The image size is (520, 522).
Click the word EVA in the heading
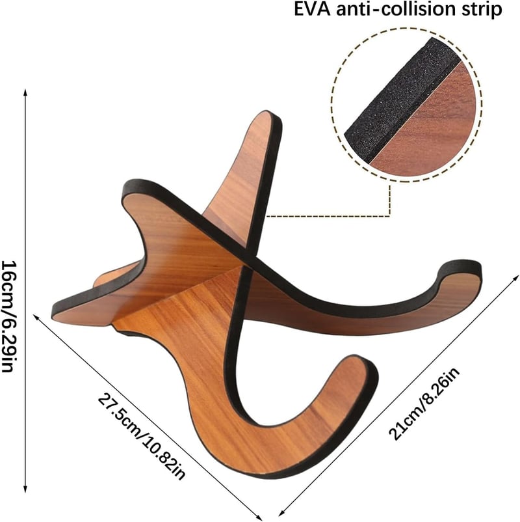pos(312,9)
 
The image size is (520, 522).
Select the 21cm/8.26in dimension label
pos(424,404)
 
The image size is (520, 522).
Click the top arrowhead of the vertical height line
pos(25,92)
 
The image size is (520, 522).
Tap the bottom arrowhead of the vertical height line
pos(25,488)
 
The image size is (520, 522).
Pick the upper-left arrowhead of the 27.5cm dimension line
pos(36,317)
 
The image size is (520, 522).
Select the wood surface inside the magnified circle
pos(432,130)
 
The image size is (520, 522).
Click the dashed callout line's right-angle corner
pos(389,217)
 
